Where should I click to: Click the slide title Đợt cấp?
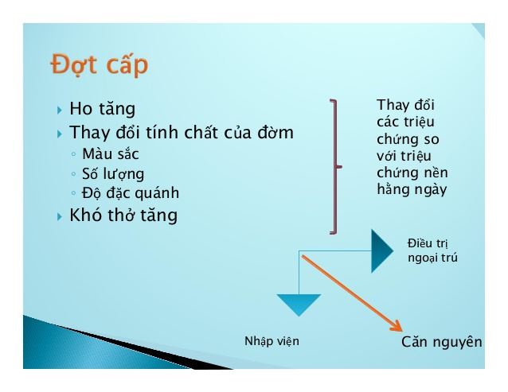click(x=99, y=64)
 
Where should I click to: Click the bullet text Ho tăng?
click(x=103, y=109)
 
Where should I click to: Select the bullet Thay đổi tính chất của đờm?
click(x=182, y=133)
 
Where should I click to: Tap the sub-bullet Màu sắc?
click(x=111, y=154)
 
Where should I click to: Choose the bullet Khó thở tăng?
click(x=123, y=215)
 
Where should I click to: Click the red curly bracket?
click(x=334, y=167)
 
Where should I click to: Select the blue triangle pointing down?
click(x=299, y=304)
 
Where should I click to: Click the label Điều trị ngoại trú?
click(x=432, y=250)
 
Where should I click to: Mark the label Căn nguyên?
click(x=441, y=342)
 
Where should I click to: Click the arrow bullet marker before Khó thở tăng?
click(x=60, y=216)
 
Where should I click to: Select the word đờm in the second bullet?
click(x=276, y=133)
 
